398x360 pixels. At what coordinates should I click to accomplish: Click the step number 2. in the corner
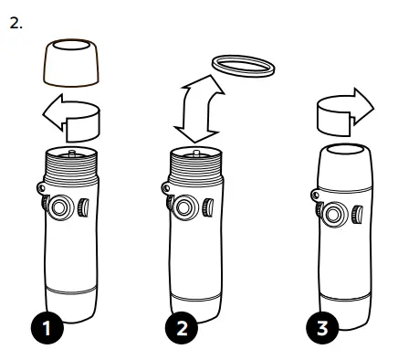[16, 23]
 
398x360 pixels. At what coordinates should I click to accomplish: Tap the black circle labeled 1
[47, 328]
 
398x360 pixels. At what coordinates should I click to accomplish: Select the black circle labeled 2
[182, 328]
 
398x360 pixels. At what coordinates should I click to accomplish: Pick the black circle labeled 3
[322, 328]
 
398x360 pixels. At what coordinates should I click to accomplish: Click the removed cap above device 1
[71, 63]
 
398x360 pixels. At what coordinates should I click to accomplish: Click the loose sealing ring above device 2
[243, 66]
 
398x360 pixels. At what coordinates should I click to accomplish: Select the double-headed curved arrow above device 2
[198, 110]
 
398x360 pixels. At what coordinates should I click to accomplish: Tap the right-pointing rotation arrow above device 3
[344, 112]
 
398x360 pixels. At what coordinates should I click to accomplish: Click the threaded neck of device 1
[71, 166]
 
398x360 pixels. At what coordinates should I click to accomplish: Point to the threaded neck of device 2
[195, 167]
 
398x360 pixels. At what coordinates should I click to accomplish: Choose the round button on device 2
[183, 208]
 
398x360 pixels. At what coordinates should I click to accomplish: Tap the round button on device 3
[333, 215]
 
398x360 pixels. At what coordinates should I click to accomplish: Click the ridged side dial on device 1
[83, 207]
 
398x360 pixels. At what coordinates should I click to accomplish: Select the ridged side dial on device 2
[208, 207]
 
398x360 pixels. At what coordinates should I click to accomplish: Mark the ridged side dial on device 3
[357, 215]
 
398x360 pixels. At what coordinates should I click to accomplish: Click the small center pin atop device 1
[72, 153]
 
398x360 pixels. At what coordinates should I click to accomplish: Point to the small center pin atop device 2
[196, 153]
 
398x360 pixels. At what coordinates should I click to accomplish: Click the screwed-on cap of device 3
[345, 168]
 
